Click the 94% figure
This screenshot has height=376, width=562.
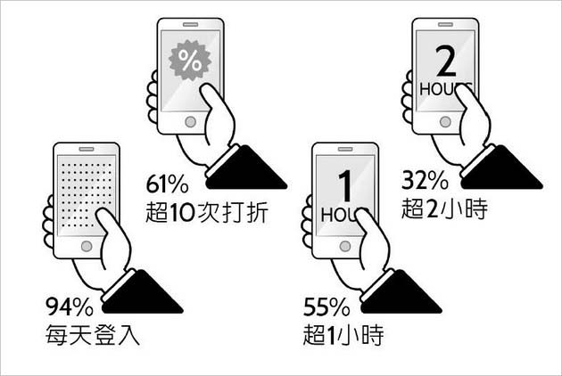click(70, 307)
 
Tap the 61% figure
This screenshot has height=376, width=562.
click(167, 184)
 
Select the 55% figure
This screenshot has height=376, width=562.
click(326, 307)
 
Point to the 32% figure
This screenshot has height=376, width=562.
click(425, 180)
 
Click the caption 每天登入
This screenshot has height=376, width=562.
click(93, 335)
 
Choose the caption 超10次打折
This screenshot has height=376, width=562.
click(207, 212)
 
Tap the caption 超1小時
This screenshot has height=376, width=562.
click(343, 335)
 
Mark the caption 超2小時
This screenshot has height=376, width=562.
click(444, 208)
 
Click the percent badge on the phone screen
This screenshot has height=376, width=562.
click(190, 61)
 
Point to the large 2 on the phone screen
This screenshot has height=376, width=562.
click(446, 61)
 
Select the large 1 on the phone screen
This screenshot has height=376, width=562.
click(345, 185)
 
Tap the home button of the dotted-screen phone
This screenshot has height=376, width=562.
click(87, 247)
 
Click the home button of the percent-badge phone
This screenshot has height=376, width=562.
click(190, 122)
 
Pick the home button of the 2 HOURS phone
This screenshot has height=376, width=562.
click(445, 122)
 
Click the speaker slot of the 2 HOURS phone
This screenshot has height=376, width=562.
click(445, 24)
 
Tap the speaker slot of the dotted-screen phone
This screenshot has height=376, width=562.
click(87, 149)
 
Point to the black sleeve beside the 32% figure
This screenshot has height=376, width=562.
click(502, 168)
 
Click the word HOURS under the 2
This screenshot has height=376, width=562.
click(445, 89)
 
